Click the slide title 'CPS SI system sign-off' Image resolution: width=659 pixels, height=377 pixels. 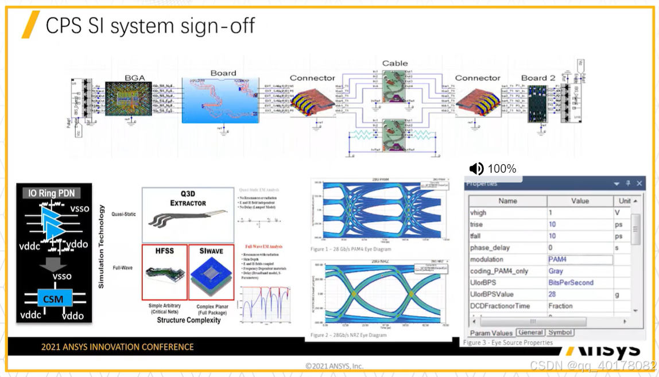coord(150,26)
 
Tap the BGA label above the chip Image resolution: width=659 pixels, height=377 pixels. coord(134,78)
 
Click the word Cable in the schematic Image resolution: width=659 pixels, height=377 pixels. coord(395,63)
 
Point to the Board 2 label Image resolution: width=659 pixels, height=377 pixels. coord(538,78)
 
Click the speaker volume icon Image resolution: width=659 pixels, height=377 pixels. coord(476,169)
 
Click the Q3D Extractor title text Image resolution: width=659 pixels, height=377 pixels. coord(188,199)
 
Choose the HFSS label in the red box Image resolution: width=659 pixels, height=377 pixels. coord(165,251)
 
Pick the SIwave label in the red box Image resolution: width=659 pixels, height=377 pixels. coord(211,251)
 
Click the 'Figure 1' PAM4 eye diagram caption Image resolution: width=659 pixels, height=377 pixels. coord(351,249)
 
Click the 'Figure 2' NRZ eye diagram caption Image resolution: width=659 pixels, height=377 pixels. coord(349,335)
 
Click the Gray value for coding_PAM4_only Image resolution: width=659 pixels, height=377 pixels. coord(556,271)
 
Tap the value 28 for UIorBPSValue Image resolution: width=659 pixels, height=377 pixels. coord(552,294)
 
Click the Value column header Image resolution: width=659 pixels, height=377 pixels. coord(580,201)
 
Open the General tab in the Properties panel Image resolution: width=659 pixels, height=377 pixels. coord(530,332)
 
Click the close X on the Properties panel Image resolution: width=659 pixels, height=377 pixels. coord(639,184)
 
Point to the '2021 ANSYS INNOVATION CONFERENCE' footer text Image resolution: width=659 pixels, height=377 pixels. coord(117,347)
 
